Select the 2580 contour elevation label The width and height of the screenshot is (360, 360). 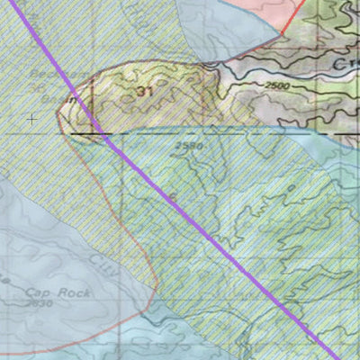(190, 145)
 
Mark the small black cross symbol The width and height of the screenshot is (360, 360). (32, 118)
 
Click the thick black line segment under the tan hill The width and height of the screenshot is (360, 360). (85, 134)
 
